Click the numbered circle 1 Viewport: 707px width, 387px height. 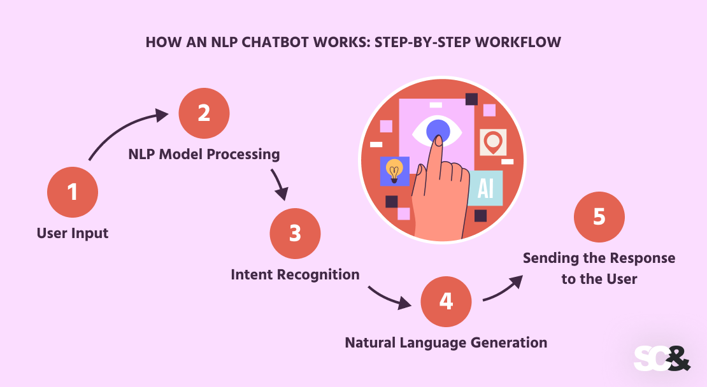[73, 192]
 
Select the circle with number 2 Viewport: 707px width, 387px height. [204, 113]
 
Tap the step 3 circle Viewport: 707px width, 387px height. [295, 234]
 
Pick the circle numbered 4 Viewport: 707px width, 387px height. [446, 301]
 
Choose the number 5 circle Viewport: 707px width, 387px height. [599, 217]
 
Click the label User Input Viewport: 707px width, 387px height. [73, 233]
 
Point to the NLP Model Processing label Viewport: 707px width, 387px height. [204, 154]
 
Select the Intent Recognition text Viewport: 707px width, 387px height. [295, 274]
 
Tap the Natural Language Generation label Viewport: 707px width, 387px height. [446, 342]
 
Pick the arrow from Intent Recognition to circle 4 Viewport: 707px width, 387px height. [389, 297]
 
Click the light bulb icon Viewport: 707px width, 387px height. [395, 171]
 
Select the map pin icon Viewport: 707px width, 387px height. [492, 142]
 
